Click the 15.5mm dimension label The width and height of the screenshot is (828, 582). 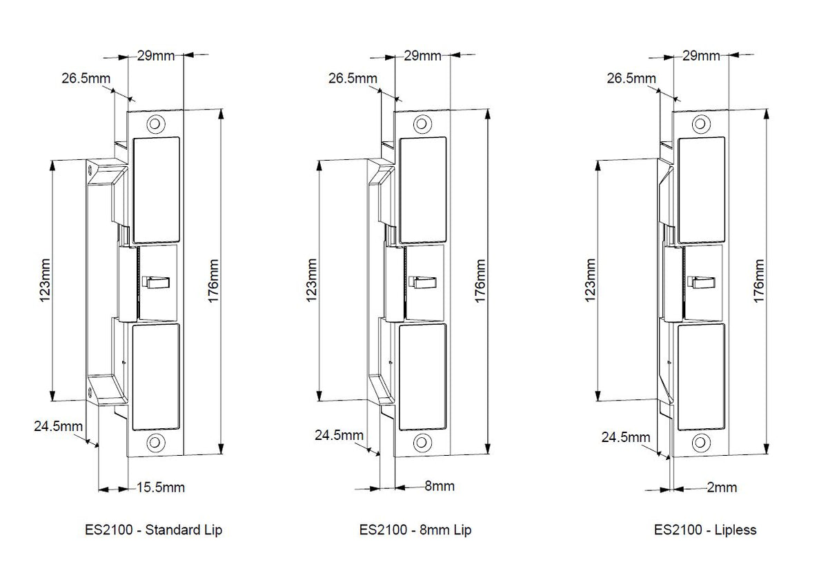pyautogui.click(x=161, y=488)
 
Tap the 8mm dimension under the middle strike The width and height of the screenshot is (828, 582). pyautogui.click(x=439, y=486)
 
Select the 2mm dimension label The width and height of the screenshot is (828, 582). pyautogui.click(x=722, y=488)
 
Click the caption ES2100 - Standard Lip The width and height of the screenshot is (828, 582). pyautogui.click(x=153, y=530)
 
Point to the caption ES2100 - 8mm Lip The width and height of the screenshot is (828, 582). pyautogui.click(x=415, y=530)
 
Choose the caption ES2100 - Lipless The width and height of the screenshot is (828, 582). pyautogui.click(x=705, y=530)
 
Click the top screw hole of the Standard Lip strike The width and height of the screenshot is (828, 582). pyautogui.click(x=156, y=124)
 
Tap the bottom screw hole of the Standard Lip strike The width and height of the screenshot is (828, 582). pyautogui.click(x=156, y=442)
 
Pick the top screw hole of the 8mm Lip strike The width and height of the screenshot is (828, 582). pyautogui.click(x=422, y=124)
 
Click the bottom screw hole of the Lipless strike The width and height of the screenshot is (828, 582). pyautogui.click(x=700, y=442)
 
